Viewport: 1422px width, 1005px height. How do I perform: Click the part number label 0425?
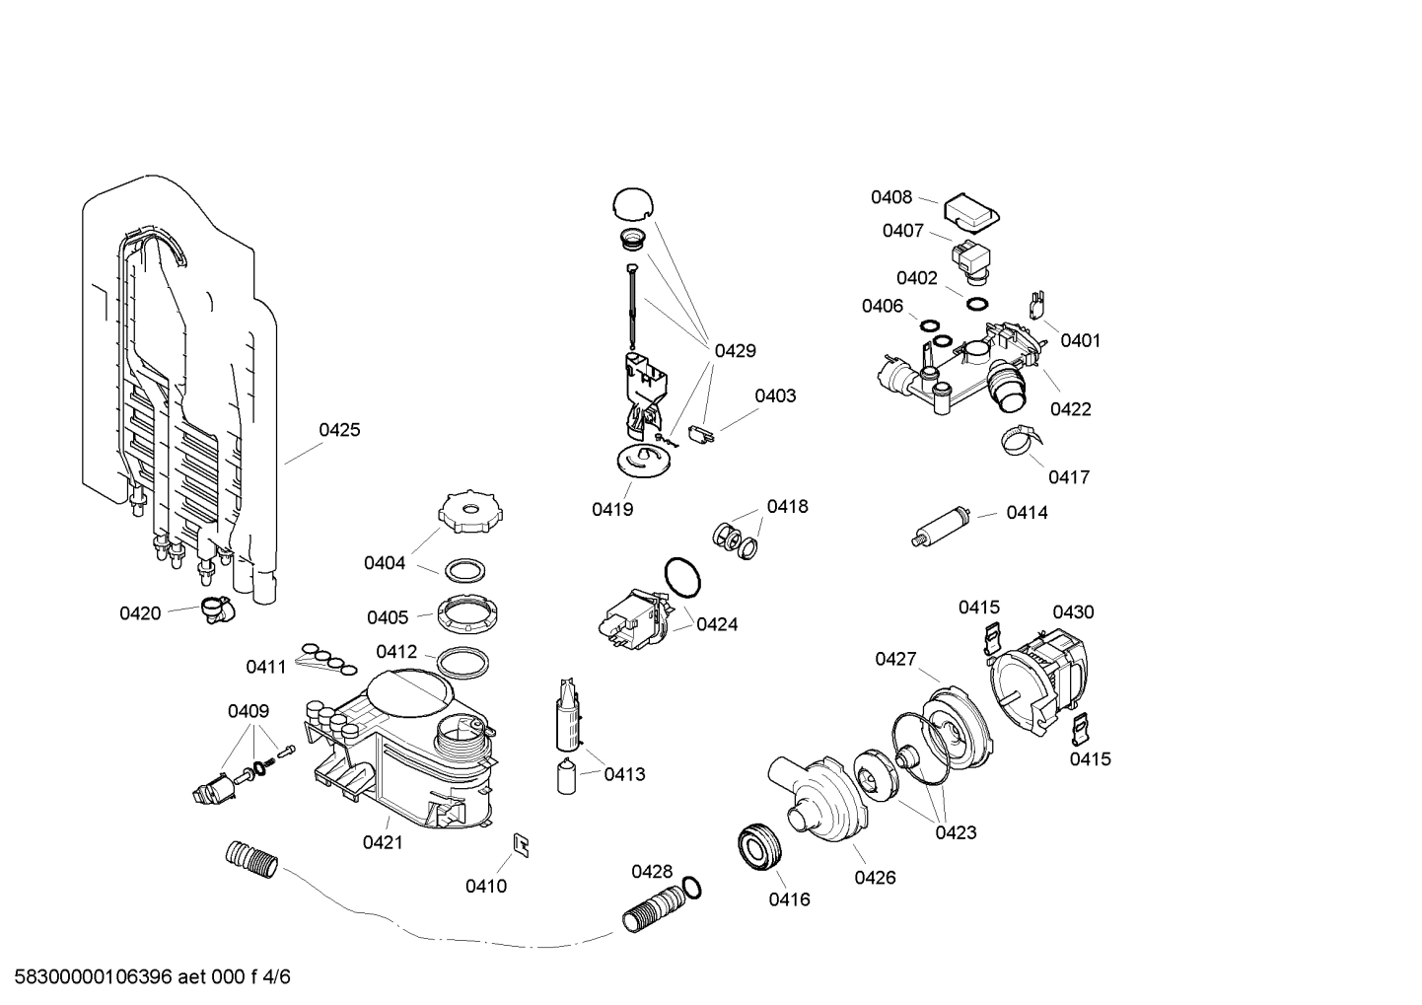pos(339,430)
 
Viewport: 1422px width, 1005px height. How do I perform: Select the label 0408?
pos(890,197)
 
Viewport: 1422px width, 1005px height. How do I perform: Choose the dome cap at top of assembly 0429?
pos(632,203)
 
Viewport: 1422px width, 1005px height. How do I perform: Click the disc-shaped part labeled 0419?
pos(641,462)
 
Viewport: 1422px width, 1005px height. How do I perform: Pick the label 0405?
pos(388,617)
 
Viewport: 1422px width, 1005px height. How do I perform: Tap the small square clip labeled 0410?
pos(521,843)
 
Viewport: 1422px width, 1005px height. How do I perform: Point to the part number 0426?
pos(875,878)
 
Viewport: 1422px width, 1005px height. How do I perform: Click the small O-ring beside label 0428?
pos(692,888)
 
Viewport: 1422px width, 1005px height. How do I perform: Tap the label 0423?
pos(956,832)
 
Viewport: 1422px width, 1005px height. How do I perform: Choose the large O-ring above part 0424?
pos(682,577)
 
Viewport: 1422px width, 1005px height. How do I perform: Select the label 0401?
pos(1080,340)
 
